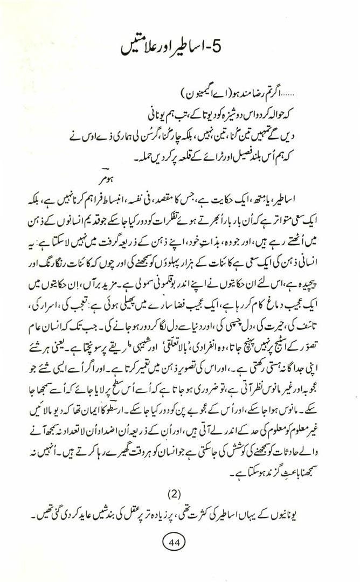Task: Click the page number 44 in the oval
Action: pyautogui.click(x=176, y=540)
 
